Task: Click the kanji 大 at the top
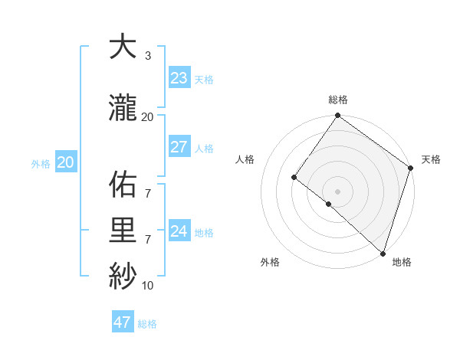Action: (122, 47)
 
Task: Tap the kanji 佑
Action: (122, 185)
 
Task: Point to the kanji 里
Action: (122, 231)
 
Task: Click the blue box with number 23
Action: (179, 78)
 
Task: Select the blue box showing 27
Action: (179, 147)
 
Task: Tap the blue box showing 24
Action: (179, 231)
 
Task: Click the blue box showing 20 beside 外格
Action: (65, 162)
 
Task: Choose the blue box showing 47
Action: (123, 322)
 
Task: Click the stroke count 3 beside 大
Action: (148, 56)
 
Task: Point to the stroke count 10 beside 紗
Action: (148, 285)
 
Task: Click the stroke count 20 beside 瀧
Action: (148, 116)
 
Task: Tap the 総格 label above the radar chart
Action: (338, 100)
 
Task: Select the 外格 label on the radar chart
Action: (270, 262)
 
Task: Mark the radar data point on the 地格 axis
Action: (383, 253)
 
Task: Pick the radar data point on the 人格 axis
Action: (294, 178)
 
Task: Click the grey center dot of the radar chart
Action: (337, 191)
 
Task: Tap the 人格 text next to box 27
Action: (204, 148)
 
